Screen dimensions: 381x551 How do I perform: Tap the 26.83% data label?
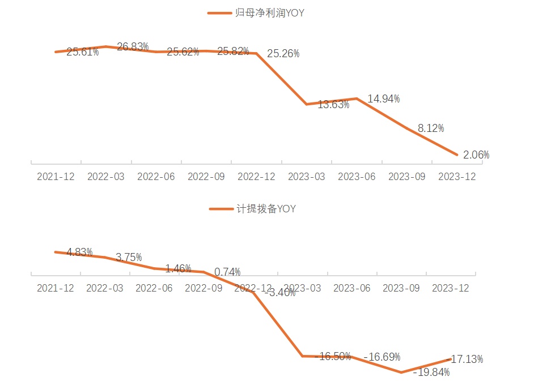coord(133,46)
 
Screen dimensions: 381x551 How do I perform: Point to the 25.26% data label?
coord(283,54)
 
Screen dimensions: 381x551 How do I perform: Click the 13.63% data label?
coord(333,104)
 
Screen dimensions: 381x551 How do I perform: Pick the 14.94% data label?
coord(383,99)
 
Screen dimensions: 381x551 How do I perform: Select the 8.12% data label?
coord(431,129)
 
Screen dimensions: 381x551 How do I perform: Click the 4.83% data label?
coord(79,252)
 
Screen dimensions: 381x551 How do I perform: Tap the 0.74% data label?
coord(227,272)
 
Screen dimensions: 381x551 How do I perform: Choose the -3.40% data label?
coord(280,293)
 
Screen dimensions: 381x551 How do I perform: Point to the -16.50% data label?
coord(333,357)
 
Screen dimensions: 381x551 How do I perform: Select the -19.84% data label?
coord(432,373)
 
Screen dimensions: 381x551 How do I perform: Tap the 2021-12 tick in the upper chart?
coord(56,177)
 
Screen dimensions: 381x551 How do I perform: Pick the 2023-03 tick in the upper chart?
coord(306,177)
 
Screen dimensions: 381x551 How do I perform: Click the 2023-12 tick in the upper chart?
coord(457,177)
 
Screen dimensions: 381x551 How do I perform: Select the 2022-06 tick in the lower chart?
coord(154,288)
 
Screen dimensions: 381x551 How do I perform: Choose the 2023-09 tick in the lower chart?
coord(401,288)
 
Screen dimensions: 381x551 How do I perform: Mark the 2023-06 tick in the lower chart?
coord(351,288)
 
